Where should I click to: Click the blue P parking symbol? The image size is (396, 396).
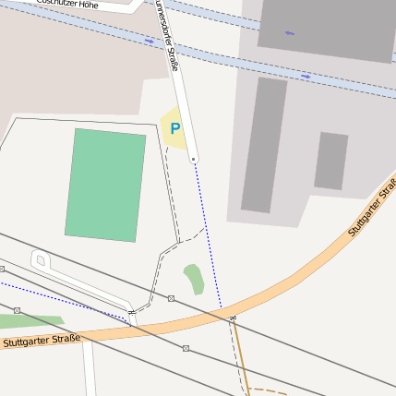(174, 129)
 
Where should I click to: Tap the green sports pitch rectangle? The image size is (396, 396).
(106, 185)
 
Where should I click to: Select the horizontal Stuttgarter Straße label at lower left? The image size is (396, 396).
(42, 341)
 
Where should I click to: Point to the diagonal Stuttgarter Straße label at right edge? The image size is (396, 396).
(373, 207)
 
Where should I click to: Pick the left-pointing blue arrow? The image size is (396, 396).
(290, 34)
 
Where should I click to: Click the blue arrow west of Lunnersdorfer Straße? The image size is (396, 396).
(150, 42)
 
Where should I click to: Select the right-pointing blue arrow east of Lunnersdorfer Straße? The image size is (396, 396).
(306, 77)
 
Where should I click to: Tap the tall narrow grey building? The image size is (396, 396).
(264, 145)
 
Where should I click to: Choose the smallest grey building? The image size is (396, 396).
(330, 162)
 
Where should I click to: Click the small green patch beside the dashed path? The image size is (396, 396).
(194, 278)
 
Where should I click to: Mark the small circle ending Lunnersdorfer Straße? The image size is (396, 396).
(194, 160)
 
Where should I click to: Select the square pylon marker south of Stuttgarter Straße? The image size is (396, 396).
(186, 348)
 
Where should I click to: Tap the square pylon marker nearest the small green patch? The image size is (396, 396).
(172, 298)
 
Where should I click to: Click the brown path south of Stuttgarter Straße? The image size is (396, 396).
(242, 355)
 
